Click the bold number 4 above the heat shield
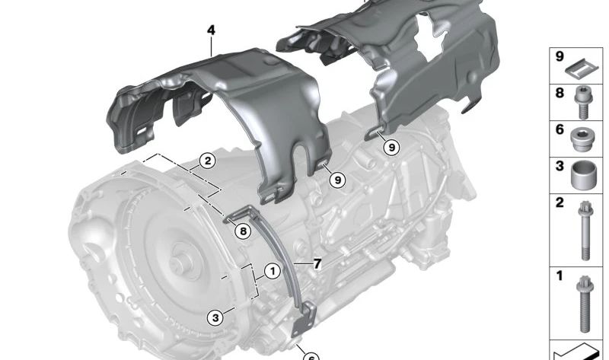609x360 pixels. pos(211,30)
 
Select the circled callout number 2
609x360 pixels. pos(208,161)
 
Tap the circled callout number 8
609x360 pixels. pos(243,231)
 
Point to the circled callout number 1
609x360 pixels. pos(273,271)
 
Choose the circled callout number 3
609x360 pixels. pos(215,317)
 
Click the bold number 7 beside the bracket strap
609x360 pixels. pos(317,264)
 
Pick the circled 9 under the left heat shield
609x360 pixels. pos(337,180)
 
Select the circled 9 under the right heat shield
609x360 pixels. pos(391,147)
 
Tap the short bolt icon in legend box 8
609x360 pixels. pos(582,102)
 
